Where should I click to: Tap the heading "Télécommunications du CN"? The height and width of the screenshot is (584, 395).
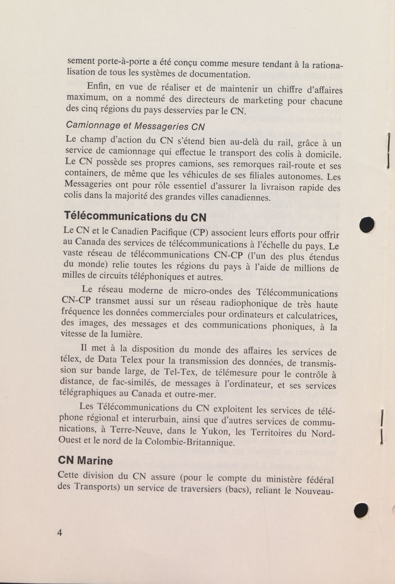[135, 216]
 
